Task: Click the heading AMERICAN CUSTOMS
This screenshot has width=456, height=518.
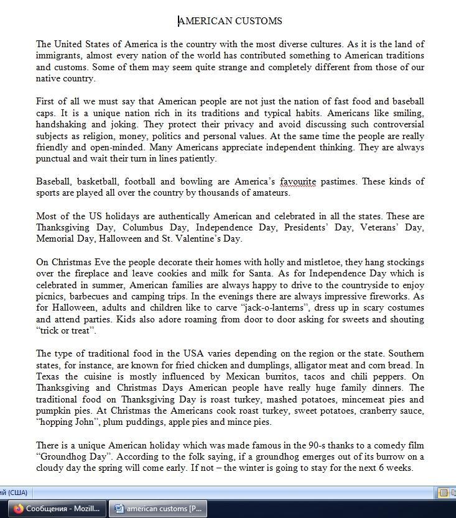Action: pyautogui.click(x=230, y=21)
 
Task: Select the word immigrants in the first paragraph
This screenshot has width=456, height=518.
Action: pyautogui.click(x=59, y=56)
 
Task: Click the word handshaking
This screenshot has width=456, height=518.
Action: pyautogui.click(x=62, y=125)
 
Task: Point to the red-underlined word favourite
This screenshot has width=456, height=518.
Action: pyautogui.click(x=298, y=182)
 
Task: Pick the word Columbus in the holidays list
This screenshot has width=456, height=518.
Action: pyautogui.click(x=142, y=228)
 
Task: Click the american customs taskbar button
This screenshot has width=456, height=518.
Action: pyautogui.click(x=159, y=509)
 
